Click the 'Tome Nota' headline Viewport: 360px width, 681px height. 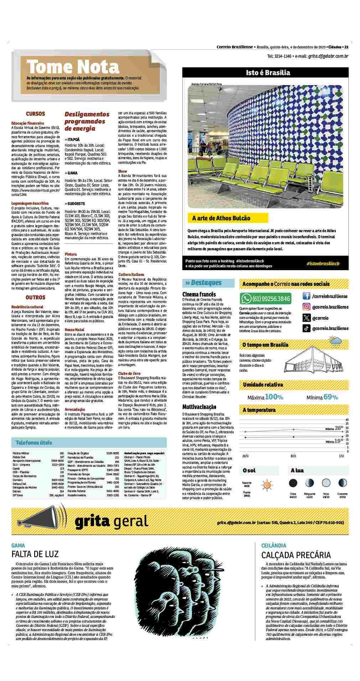point(73,67)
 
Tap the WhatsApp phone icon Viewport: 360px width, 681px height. point(246,298)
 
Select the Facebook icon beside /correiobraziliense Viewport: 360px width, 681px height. point(306,296)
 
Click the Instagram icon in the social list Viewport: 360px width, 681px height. point(306,307)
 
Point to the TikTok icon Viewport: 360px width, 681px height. point(306,328)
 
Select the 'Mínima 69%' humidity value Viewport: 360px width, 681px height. point(322,397)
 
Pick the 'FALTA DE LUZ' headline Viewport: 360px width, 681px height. point(35,554)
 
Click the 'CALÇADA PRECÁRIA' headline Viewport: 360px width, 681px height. point(296,555)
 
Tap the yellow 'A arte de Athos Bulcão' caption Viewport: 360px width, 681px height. point(221,218)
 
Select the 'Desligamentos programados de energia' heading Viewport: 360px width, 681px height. point(87,121)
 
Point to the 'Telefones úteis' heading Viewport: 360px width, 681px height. point(34,443)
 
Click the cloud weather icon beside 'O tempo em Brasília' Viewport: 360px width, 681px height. point(336,343)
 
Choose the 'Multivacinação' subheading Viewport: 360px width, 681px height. point(199,407)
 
